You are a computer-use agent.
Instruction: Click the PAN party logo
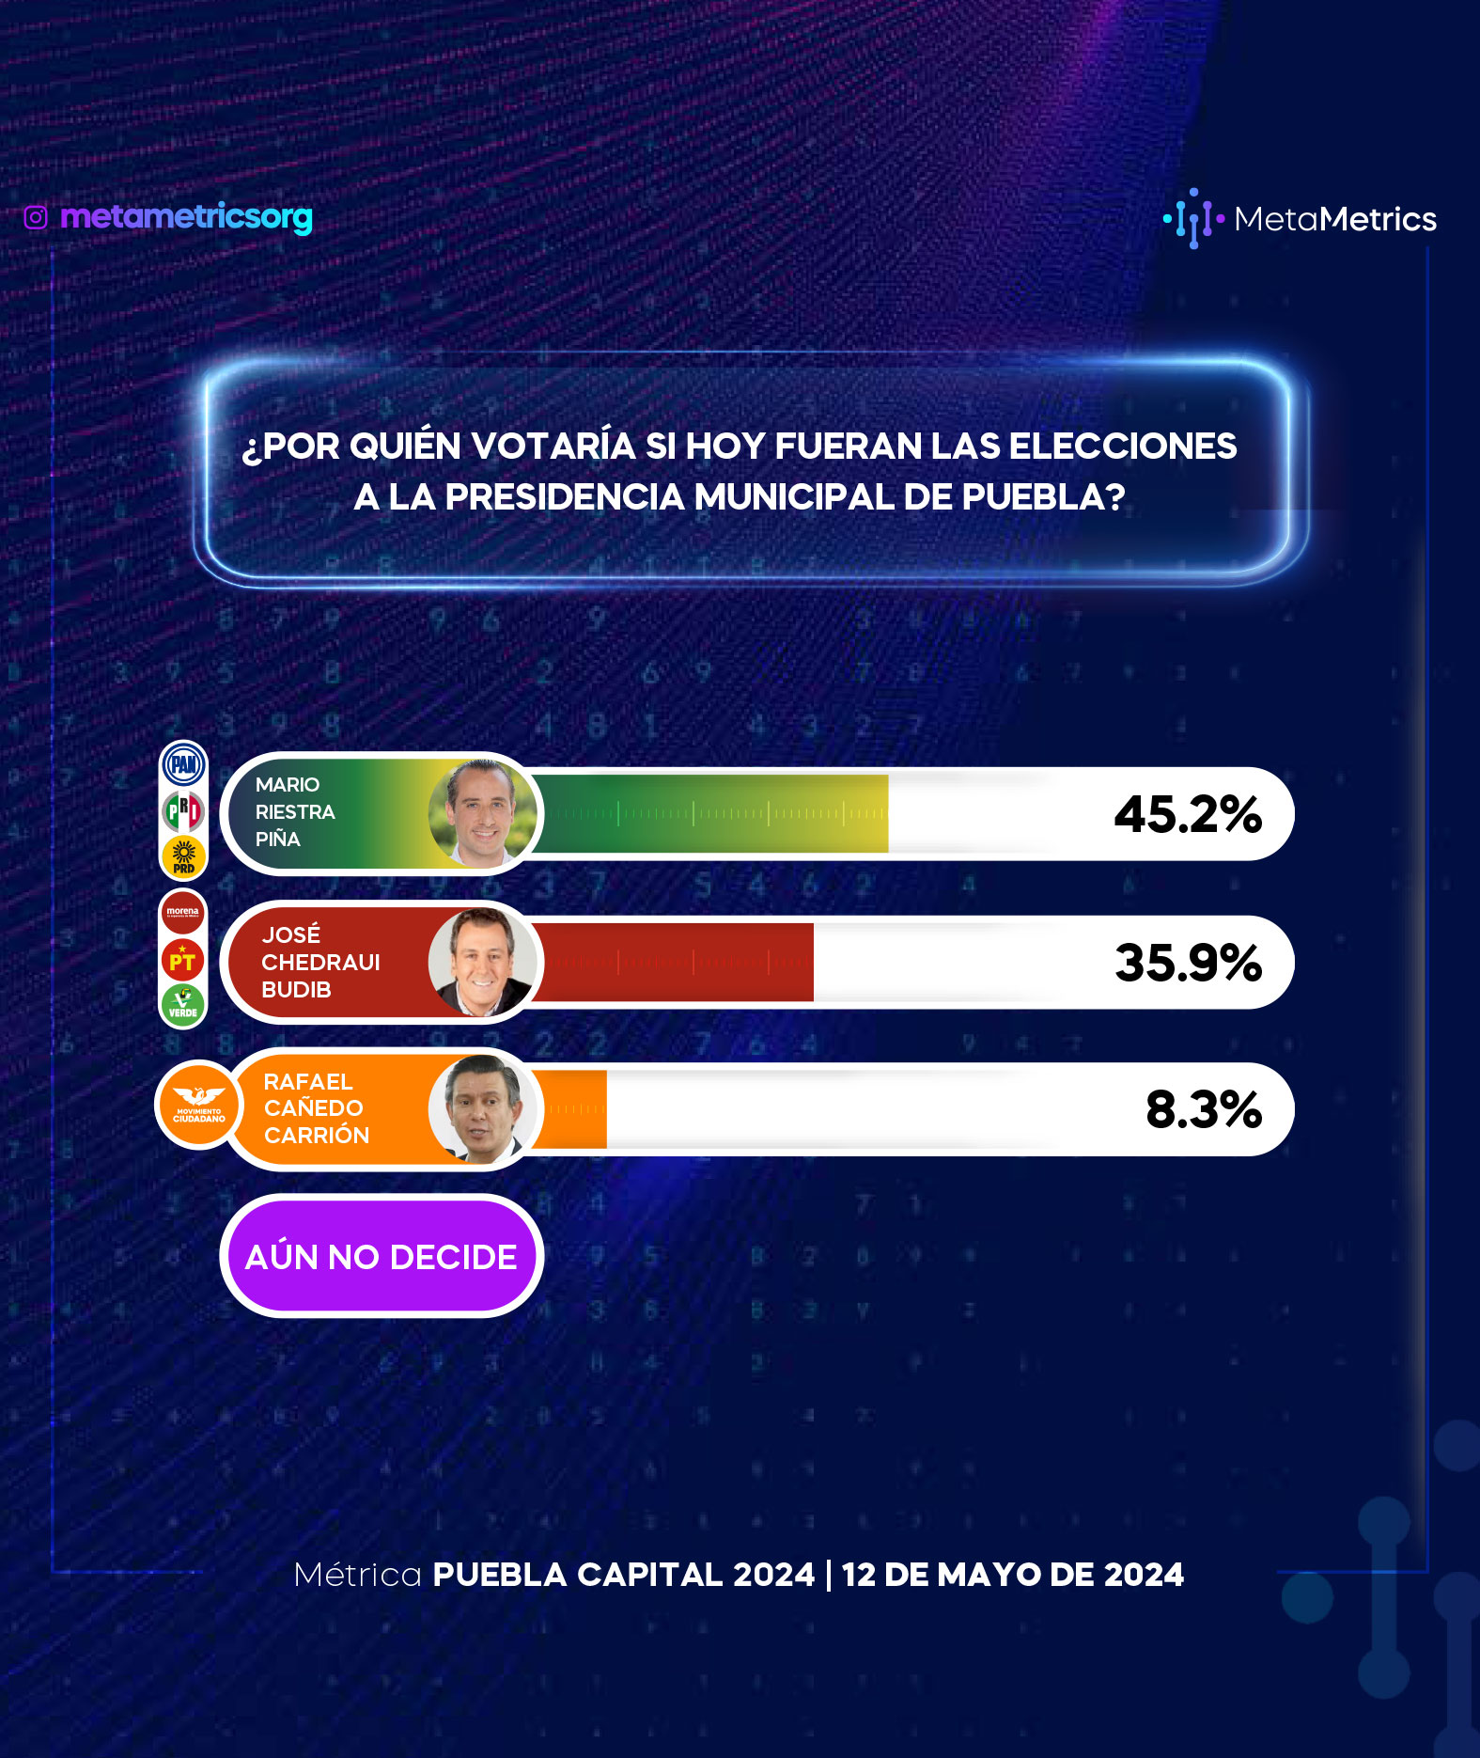[184, 764]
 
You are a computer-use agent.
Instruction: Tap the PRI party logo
[183, 810]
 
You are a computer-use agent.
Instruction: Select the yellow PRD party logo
[183, 855]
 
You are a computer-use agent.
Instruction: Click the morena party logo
[183, 912]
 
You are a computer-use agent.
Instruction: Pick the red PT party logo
[183, 960]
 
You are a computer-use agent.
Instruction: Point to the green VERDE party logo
[183, 1005]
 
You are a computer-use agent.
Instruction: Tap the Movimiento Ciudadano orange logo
[198, 1106]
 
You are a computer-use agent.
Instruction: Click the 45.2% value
[1188, 814]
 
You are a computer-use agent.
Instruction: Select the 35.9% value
[1189, 963]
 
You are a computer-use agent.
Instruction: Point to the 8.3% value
[1204, 1109]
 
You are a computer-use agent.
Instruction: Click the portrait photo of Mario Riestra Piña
[483, 813]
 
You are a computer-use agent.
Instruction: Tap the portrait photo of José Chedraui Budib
[483, 962]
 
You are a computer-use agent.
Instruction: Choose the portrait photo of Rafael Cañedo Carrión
[483, 1109]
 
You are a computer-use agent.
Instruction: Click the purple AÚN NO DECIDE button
[382, 1256]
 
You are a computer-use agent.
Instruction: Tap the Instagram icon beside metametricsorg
[36, 218]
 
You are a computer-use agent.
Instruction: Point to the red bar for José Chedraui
[673, 962]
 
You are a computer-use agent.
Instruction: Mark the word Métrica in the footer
[358, 1575]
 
